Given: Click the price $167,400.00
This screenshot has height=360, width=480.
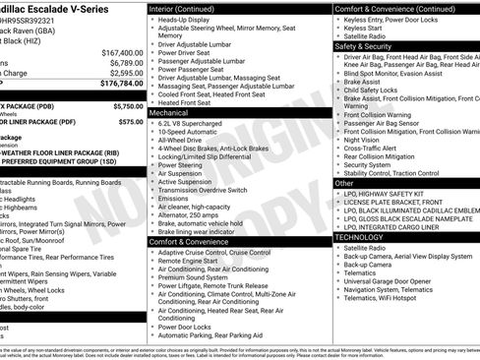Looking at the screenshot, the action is [122, 52].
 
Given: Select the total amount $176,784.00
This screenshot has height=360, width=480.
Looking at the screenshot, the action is [119, 84].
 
